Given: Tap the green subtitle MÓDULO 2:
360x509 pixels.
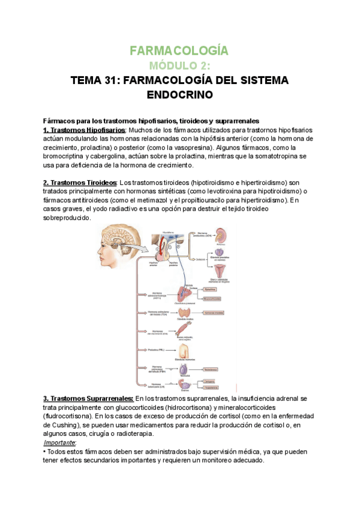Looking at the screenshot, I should point(180,65).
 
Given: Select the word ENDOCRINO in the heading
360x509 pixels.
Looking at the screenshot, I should point(180,95).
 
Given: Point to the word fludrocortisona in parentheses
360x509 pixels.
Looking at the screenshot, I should point(70,415).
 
